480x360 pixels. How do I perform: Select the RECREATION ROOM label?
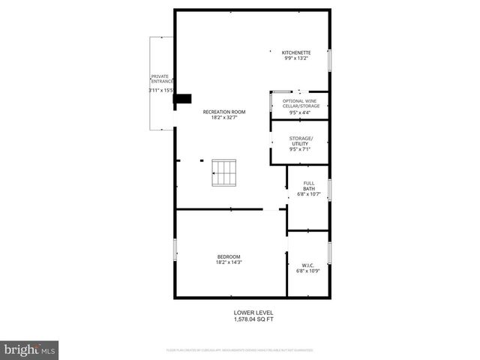[228, 112]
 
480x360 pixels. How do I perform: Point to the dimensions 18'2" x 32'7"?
[228, 118]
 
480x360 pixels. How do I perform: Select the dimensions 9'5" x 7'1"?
[299, 149]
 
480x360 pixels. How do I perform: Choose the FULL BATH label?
[308, 186]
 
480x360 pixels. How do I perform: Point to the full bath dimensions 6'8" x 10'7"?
[308, 195]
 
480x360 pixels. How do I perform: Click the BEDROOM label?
[228, 257]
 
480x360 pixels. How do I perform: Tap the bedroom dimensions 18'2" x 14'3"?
[228, 263]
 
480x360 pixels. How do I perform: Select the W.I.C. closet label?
[307, 265]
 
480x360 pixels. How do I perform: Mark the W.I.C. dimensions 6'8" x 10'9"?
[307, 271]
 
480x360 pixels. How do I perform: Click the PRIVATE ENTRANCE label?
[161, 79]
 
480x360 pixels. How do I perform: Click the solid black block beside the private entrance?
[182, 98]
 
